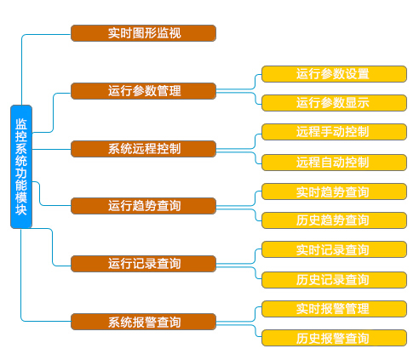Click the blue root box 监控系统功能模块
pyautogui.click(x=21, y=167)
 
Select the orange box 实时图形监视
pyautogui.click(x=143, y=33)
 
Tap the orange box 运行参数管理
pyautogui.click(x=143, y=91)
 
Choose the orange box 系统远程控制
pyautogui.click(x=143, y=149)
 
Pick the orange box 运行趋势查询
pyautogui.click(x=143, y=206)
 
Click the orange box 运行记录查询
pyautogui.click(x=143, y=264)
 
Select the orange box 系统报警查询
pyautogui.click(x=143, y=322)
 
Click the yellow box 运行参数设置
pyautogui.click(x=334, y=74)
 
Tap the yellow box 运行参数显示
pyautogui.click(x=334, y=103)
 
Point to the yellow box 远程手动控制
pyautogui.click(x=334, y=132)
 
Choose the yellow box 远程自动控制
pyautogui.click(x=334, y=163)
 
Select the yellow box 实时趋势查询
pyautogui.click(x=334, y=191)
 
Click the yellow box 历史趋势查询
pyautogui.click(x=334, y=220)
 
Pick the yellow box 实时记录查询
pyautogui.click(x=334, y=249)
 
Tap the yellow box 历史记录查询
pyautogui.click(x=334, y=280)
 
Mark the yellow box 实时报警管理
pyautogui.click(x=334, y=309)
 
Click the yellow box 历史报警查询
pyautogui.click(x=334, y=338)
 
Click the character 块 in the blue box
pyautogui.click(x=21, y=210)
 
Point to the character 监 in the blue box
pyautogui.click(x=21, y=124)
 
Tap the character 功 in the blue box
pyautogui.click(x=21, y=173)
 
